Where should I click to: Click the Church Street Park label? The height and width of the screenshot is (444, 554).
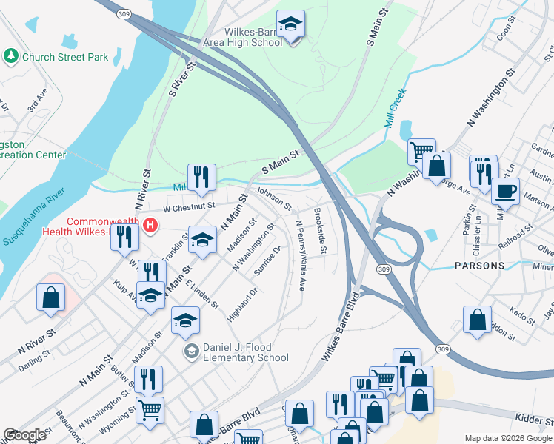(x=65, y=57)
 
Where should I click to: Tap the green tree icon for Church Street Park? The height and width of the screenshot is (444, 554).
(x=12, y=56)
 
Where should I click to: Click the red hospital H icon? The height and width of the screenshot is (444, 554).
(x=151, y=226)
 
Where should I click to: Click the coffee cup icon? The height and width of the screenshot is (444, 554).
(x=505, y=191)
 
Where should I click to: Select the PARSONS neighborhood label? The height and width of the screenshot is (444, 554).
(x=480, y=265)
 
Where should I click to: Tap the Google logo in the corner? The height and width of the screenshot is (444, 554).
(x=24, y=435)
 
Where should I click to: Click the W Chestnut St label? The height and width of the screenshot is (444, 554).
(x=189, y=207)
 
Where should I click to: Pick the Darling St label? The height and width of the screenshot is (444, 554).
(x=33, y=353)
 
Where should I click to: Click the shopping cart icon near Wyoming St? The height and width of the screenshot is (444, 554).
(x=150, y=409)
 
